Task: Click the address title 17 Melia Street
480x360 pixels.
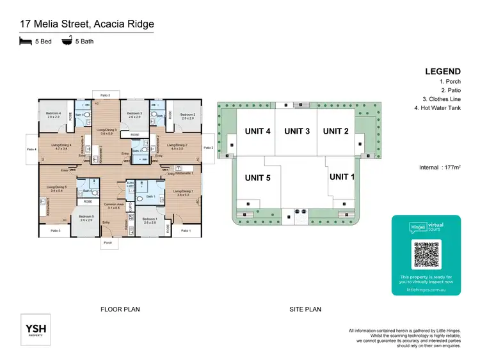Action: tap(86, 24)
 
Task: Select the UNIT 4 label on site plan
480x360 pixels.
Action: tap(258, 131)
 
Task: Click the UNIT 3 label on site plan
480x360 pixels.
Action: tap(297, 131)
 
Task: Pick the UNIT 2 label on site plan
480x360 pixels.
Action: tap(335, 131)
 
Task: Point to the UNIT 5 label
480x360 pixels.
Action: tap(258, 178)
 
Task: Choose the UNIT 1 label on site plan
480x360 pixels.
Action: tap(342, 176)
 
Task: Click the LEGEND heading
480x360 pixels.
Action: tap(442, 71)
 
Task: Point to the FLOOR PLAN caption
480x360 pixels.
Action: tap(120, 309)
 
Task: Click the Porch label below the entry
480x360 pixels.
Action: tap(108, 242)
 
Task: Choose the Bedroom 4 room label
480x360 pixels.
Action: tap(54, 114)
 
